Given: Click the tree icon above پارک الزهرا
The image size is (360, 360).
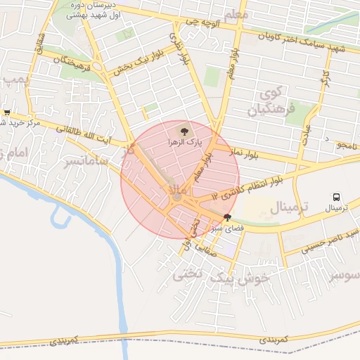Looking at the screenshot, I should pyautogui.click(x=183, y=130).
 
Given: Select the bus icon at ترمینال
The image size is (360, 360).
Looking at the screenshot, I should pyautogui.click(x=337, y=198).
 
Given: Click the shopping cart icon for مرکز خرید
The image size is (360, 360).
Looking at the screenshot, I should pyautogui.click(x=7, y=112).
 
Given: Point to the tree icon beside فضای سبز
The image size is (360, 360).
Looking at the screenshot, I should pyautogui.click(x=226, y=217).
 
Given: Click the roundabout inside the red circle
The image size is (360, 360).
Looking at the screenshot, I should pyautogui.click(x=177, y=199).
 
